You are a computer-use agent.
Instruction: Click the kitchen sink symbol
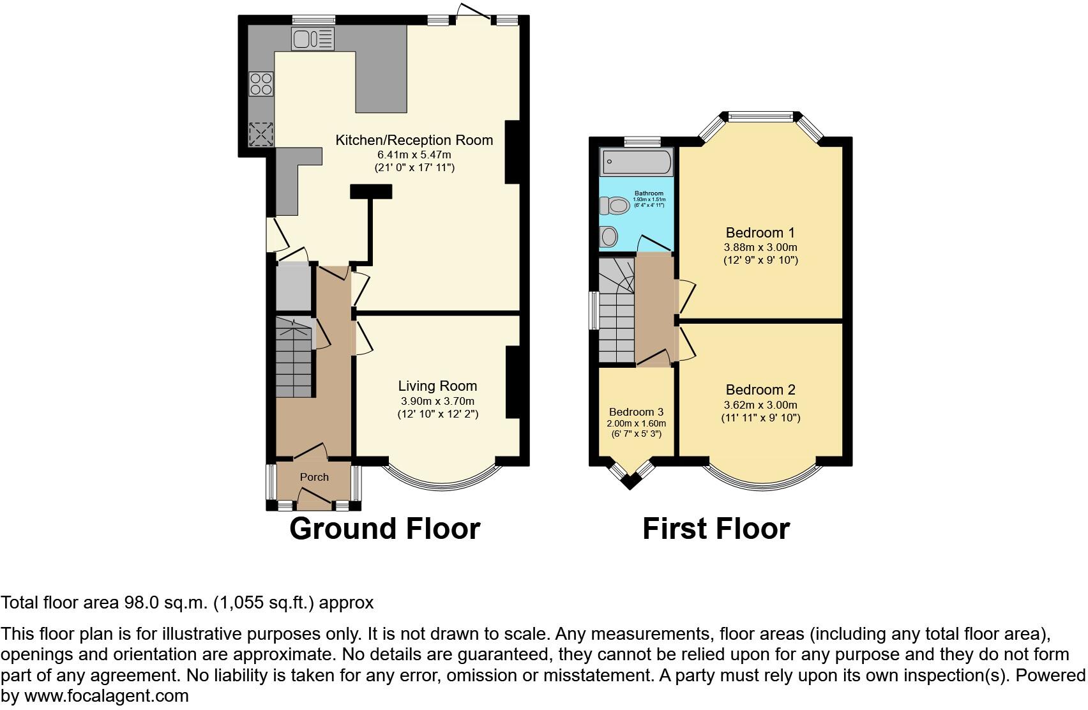(x=312, y=39)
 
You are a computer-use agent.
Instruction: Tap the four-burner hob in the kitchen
(x=261, y=83)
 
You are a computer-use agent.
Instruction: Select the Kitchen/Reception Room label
(x=414, y=140)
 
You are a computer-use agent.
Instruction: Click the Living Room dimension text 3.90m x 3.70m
(x=437, y=401)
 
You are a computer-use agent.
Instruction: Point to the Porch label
(x=314, y=477)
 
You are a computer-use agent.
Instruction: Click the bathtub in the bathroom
(x=637, y=162)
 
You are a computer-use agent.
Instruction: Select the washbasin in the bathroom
(x=609, y=237)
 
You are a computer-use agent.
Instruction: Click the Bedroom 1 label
(x=760, y=232)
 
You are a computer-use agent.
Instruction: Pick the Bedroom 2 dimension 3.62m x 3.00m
(x=760, y=405)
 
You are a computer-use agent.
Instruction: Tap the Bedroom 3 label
(x=636, y=412)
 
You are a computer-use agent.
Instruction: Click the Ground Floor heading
(x=384, y=529)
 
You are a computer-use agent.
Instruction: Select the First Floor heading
(x=716, y=529)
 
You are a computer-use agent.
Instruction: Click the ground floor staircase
(x=294, y=361)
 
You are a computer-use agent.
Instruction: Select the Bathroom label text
(x=649, y=193)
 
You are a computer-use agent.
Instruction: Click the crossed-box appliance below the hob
(x=261, y=133)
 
